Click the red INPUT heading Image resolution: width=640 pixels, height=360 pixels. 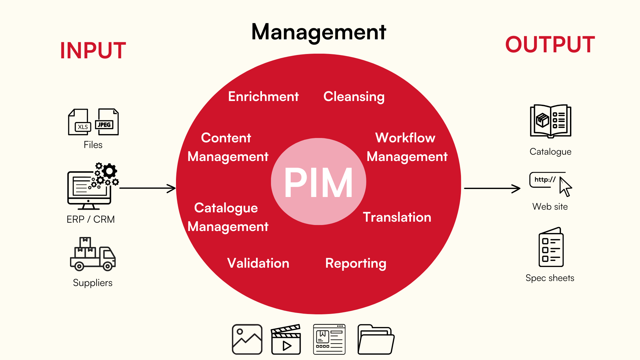[x=93, y=51]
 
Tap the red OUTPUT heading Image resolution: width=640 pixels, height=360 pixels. [x=550, y=44]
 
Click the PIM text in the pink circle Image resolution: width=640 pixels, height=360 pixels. [x=318, y=183]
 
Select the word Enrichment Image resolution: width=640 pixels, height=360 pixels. [x=263, y=96]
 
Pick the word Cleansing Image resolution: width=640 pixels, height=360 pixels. [x=354, y=97]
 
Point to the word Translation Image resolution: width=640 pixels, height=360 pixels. [x=397, y=217]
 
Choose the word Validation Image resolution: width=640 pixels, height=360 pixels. [x=258, y=263]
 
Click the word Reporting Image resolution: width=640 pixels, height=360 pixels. [x=356, y=264]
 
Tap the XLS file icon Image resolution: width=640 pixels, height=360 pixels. [x=79, y=122]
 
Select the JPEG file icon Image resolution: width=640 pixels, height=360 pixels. [x=107, y=122]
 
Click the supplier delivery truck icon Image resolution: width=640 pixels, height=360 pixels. [x=93, y=254]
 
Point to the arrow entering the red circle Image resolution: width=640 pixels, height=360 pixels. [x=148, y=188]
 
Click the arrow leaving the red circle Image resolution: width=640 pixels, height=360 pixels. [x=492, y=188]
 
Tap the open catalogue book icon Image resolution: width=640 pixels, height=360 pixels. [x=551, y=121]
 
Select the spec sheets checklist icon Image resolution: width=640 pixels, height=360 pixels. [x=551, y=247]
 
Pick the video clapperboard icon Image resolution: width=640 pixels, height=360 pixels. [x=286, y=339]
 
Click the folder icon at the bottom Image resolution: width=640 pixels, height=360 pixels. [x=376, y=339]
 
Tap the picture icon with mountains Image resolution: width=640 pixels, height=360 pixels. [x=247, y=339]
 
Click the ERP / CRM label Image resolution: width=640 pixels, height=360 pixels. [x=91, y=219]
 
